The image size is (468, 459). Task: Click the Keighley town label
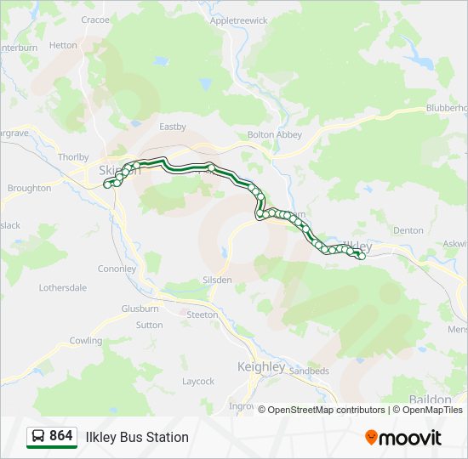260,366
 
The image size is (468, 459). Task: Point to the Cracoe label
95,20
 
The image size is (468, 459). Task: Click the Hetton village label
63,45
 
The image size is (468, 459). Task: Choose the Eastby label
173,127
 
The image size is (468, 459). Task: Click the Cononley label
117,269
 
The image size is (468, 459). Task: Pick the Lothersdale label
63,288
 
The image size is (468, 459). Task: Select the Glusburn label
140,309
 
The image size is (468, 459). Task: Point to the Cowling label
86,341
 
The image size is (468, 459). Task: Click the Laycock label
198,382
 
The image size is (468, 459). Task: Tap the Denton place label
408,230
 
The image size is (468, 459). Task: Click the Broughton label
29,188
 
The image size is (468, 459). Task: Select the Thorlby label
73,157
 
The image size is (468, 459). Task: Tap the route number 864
60,436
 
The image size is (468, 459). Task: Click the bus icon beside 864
38,436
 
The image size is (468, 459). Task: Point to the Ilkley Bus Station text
137,437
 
